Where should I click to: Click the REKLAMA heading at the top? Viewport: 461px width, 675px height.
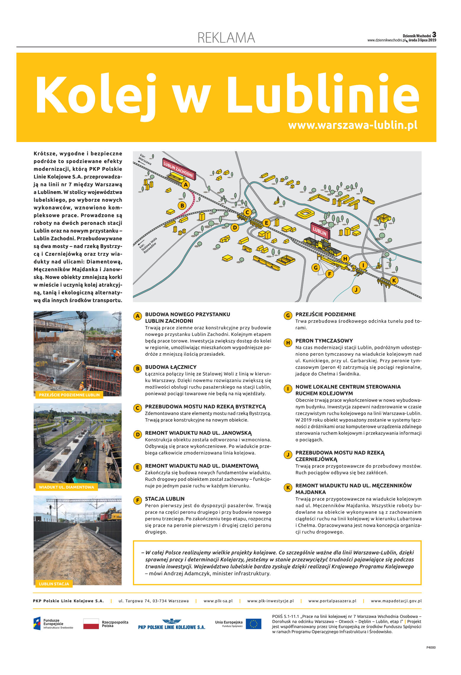pos(226,38)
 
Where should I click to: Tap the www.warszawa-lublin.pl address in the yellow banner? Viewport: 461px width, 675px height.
pos(352,125)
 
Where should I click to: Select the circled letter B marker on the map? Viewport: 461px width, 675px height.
pos(182,205)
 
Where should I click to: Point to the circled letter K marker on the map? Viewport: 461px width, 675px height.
pos(394,280)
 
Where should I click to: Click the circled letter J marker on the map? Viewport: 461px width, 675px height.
pos(356,289)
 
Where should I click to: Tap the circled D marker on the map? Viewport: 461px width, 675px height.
pos(235,228)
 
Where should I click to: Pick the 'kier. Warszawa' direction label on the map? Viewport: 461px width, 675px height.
pos(145,159)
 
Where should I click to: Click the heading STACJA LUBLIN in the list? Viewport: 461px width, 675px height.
pos(165,499)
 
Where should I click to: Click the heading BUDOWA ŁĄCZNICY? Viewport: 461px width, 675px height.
pos(170,367)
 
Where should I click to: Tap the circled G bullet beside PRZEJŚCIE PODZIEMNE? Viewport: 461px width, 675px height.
pos(288,315)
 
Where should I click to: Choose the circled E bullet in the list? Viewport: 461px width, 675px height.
pos(137,467)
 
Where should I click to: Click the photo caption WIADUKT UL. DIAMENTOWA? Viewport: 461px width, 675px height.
pos(66,487)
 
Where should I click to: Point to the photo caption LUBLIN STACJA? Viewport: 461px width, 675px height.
pos(54,584)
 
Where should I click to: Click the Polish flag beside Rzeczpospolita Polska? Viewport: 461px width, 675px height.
pos(91,624)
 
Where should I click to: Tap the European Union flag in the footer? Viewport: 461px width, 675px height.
pos(253,624)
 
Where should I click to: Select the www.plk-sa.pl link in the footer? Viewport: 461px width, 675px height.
pos(218,601)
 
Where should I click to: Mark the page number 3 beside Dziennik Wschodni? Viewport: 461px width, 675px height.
pos(434,34)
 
